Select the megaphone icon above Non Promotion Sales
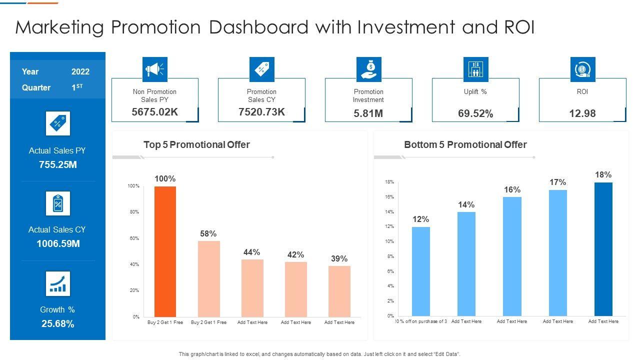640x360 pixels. pyautogui.click(x=154, y=69)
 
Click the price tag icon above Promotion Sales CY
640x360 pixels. pyautogui.click(x=261, y=69)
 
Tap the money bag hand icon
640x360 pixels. pyautogui.click(x=368, y=69)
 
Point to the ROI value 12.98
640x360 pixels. pyautogui.click(x=582, y=113)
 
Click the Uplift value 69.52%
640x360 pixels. pyautogui.click(x=475, y=113)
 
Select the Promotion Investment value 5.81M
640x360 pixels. pyautogui.click(x=368, y=113)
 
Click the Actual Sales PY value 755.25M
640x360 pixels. pyautogui.click(x=58, y=164)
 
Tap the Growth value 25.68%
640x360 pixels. pyautogui.click(x=58, y=323)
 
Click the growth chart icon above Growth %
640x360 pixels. pyautogui.click(x=58, y=283)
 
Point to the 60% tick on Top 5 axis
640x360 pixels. pyautogui.click(x=134, y=238)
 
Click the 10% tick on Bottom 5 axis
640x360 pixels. pyautogui.click(x=389, y=241)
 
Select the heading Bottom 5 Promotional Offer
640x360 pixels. pyautogui.click(x=465, y=145)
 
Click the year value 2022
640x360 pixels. pyautogui.click(x=80, y=71)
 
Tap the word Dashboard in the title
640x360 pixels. pyautogui.click(x=258, y=27)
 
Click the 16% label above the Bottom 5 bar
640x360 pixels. pyautogui.click(x=512, y=189)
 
